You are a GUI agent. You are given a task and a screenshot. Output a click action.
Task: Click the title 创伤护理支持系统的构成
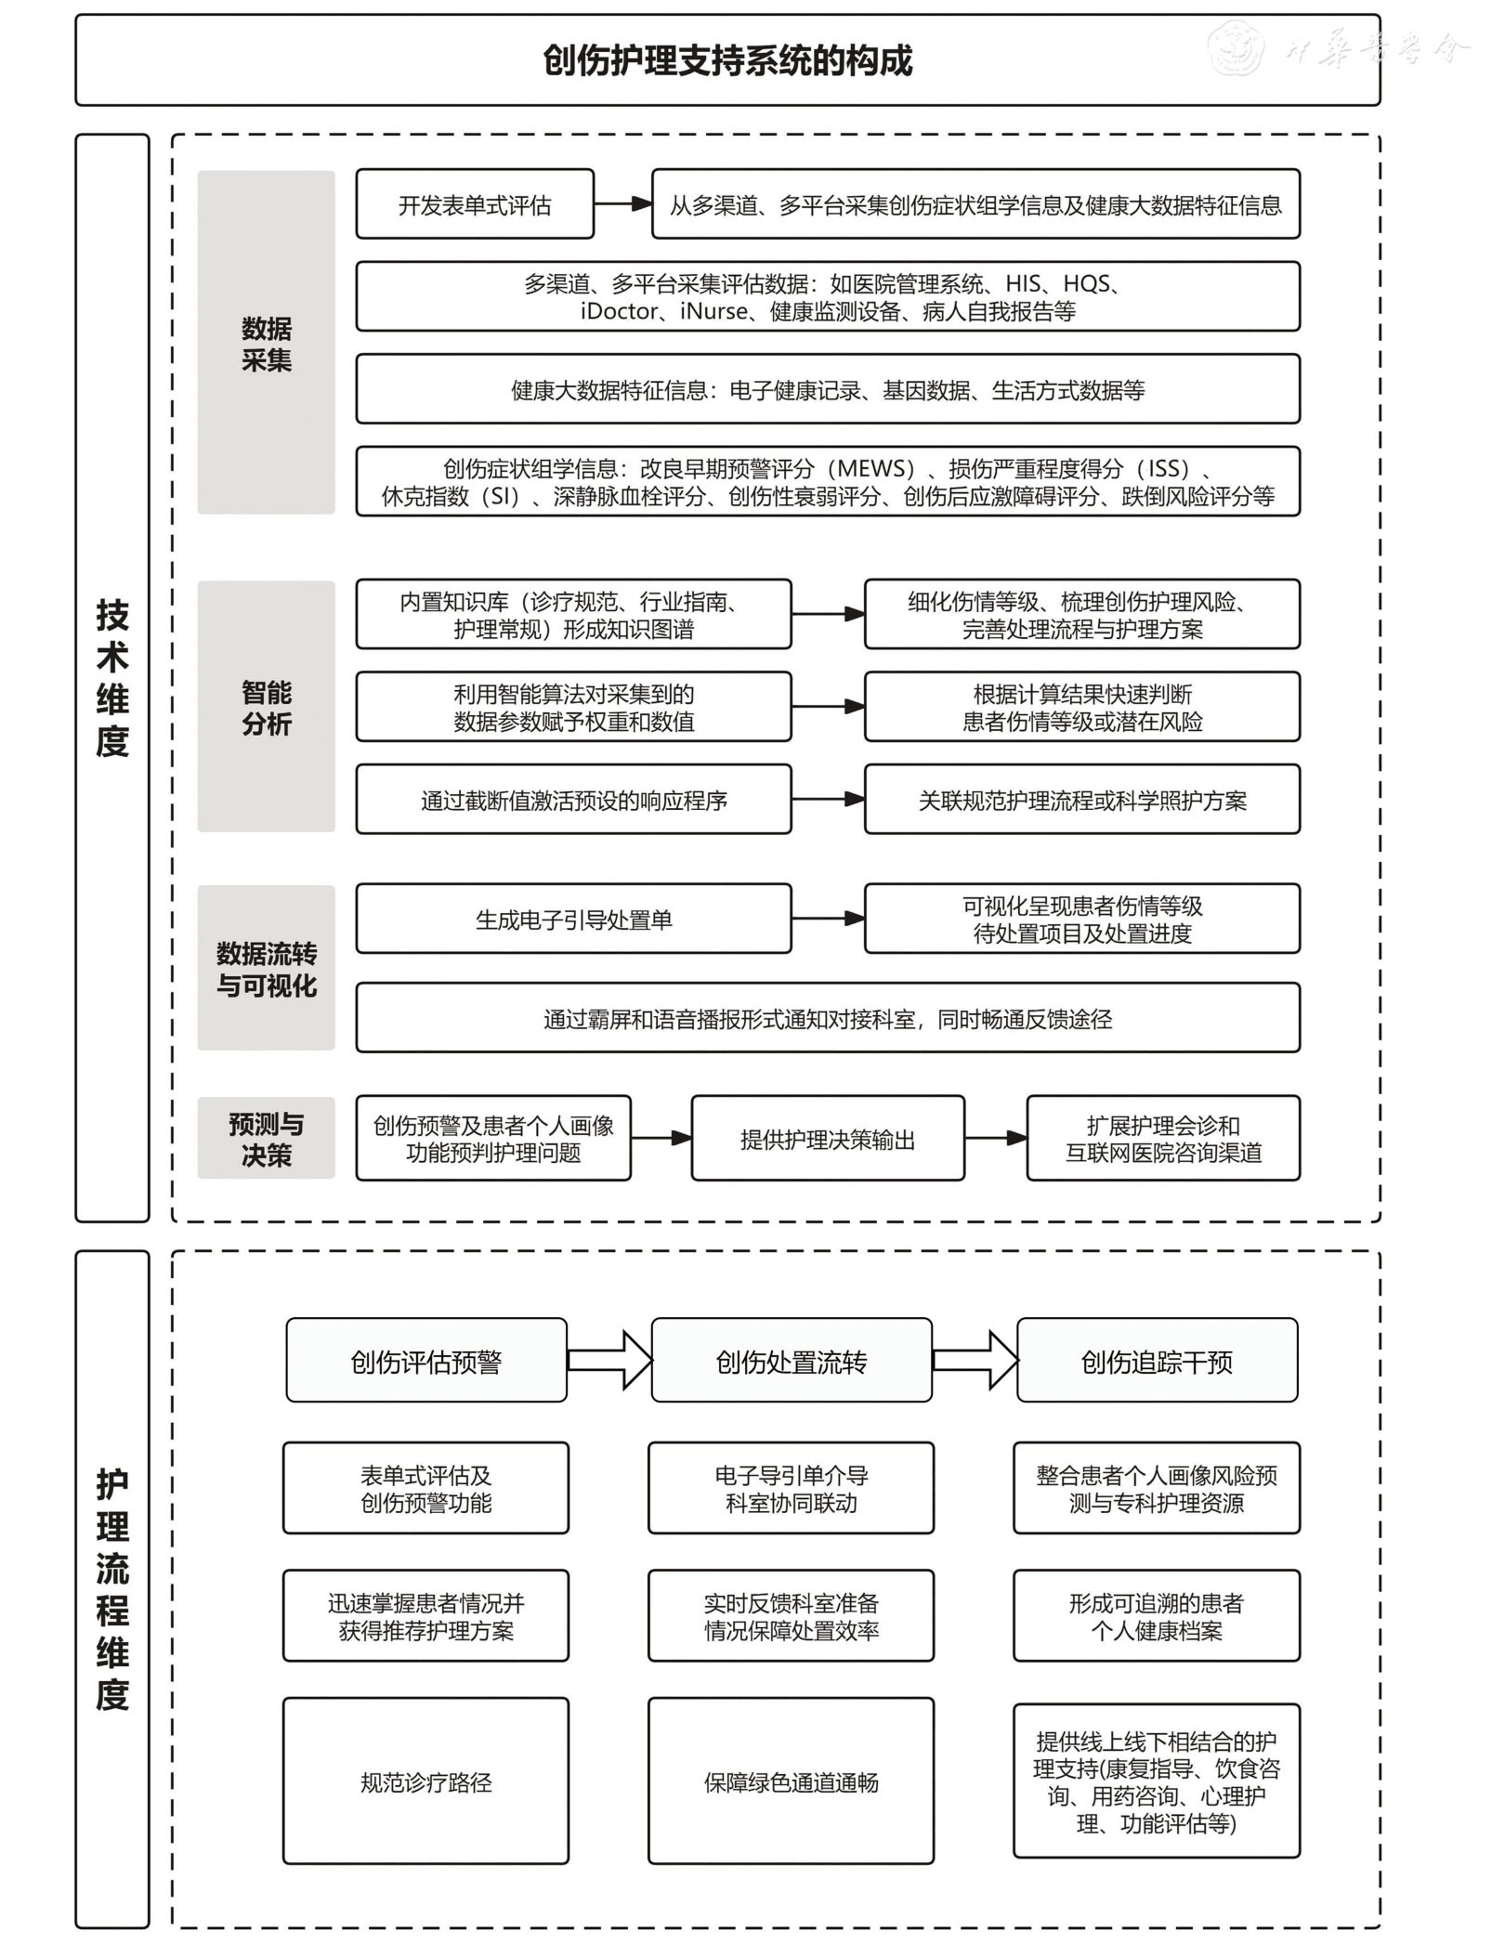727,60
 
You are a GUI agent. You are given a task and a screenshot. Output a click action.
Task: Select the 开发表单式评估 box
475,204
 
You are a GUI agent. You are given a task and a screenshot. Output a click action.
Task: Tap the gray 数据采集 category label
266,343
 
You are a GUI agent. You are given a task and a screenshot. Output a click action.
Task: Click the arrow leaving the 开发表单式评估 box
622,204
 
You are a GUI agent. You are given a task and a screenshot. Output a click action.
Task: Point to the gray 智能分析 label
266,707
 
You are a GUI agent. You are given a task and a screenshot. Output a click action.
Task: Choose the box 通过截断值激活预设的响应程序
573,800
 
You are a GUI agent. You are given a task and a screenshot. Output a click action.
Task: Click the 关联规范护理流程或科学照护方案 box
1081,800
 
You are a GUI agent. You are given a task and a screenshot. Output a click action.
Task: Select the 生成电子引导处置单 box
573,920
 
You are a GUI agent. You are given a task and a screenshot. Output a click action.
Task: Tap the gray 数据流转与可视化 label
266,969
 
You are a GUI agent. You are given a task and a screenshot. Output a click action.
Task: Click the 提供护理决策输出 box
828,1139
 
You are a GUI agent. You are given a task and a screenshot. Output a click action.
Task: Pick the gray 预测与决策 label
266,1139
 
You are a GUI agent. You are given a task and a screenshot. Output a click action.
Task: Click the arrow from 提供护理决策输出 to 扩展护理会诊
995,1139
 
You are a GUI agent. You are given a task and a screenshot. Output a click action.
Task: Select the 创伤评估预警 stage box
426,1361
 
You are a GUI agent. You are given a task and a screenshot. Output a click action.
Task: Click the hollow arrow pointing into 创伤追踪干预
975,1361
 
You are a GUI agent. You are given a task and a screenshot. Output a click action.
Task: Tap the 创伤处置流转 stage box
792,1361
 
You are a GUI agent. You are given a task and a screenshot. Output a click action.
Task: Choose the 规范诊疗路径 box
426,1781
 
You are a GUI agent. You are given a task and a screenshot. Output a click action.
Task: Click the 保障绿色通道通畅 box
792,1781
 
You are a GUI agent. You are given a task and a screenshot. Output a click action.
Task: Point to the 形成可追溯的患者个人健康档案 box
1156,1616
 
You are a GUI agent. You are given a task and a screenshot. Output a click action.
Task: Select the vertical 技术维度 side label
112,678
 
